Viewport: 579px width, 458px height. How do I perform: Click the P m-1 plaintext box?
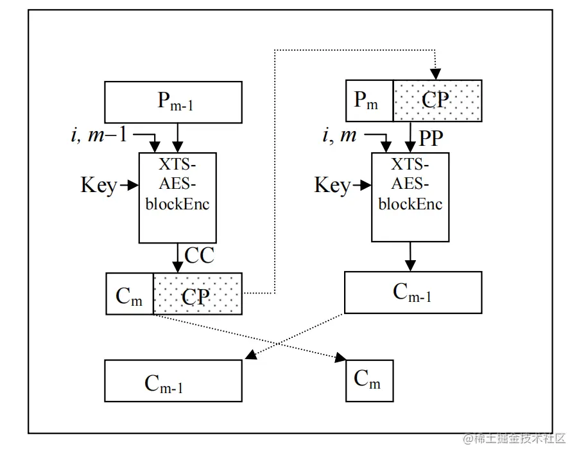[173, 102]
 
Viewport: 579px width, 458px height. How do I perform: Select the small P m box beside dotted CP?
[369, 101]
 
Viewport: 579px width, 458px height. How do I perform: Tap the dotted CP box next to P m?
[436, 101]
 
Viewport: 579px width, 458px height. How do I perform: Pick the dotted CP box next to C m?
[197, 294]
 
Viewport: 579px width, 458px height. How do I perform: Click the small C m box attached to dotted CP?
[129, 294]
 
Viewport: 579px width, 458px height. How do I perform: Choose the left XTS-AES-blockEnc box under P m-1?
[178, 197]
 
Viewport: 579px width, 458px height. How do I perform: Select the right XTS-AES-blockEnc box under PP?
[410, 197]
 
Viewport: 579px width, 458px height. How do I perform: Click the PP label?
[431, 137]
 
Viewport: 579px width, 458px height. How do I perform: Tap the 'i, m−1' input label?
[99, 135]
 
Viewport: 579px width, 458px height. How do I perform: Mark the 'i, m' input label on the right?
[339, 135]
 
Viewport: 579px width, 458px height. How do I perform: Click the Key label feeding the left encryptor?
[98, 186]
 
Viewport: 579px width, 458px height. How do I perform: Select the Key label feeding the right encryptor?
[332, 186]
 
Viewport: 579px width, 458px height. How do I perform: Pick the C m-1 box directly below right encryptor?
[413, 292]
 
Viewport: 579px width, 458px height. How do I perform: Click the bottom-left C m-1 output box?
[173, 381]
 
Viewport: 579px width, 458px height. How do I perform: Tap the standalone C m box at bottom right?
[369, 381]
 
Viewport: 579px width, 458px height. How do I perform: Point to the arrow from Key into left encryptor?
[130, 186]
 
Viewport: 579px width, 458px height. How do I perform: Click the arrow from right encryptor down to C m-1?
[411, 257]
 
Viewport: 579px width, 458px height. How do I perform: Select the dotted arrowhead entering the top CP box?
[436, 74]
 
